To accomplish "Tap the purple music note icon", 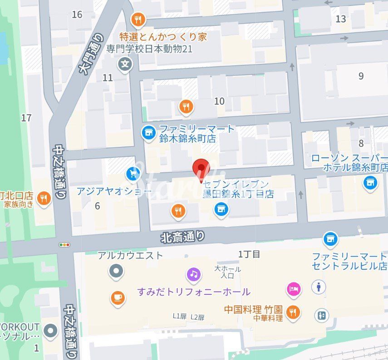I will (x=194, y=274).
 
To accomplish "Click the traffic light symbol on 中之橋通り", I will (x=65, y=245).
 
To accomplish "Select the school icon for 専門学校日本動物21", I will (x=125, y=64).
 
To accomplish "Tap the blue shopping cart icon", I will (x=133, y=173).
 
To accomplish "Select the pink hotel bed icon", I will (x=294, y=288).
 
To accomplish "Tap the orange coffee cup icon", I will (x=118, y=297).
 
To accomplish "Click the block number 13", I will (x=340, y=19).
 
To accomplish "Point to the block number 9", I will (x=361, y=76).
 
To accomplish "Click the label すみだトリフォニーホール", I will (x=194, y=292).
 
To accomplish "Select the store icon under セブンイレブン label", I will (x=221, y=209).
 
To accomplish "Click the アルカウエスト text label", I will (x=130, y=255).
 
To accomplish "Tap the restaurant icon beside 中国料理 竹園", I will (x=294, y=312).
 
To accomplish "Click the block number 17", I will (x=26, y=118).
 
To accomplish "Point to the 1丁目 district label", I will (x=249, y=254).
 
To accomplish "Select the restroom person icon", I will (x=319, y=287).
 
